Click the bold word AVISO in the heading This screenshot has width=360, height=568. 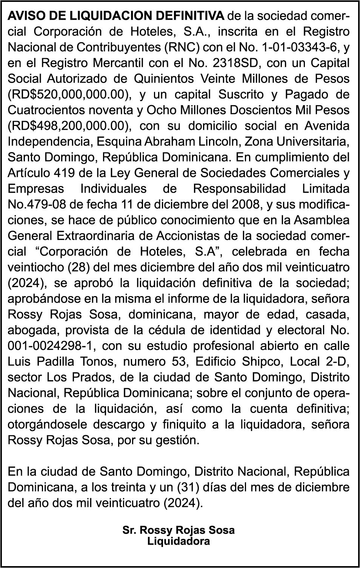point(24,15)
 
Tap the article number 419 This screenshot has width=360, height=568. point(66,173)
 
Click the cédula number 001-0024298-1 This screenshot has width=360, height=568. point(51,346)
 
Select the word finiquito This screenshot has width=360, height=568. point(182,424)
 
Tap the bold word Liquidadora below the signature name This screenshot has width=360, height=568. point(178,542)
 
